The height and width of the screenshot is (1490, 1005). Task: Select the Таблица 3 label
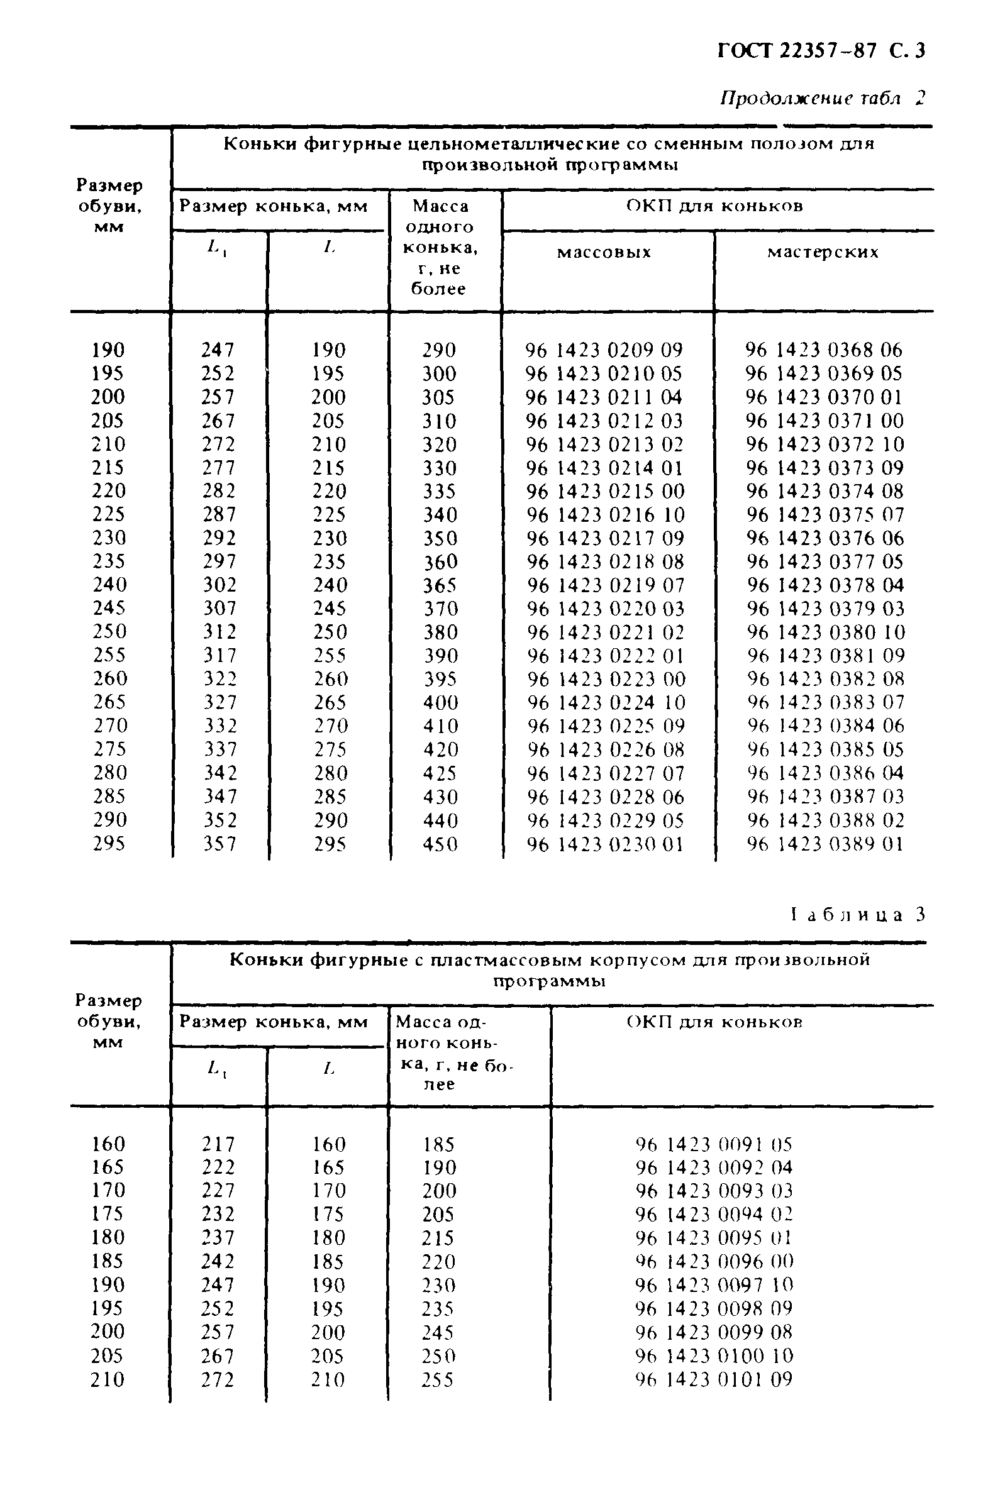tap(858, 914)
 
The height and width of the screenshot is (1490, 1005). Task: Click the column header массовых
tap(604, 252)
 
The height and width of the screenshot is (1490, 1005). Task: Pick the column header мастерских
tap(823, 252)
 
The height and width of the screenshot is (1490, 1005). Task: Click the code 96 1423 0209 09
tap(604, 350)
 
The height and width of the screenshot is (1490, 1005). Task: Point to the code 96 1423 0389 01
tap(825, 844)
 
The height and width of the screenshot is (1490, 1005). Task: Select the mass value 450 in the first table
tap(440, 844)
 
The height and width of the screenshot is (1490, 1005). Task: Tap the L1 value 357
tap(220, 844)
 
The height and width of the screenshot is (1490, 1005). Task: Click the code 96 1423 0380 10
tap(826, 632)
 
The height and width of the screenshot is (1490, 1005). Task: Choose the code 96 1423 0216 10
tap(606, 514)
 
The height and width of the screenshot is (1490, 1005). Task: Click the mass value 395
tap(440, 679)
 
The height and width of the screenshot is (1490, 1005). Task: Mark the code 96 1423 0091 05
tap(714, 1144)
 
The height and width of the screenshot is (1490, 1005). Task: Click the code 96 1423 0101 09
tap(714, 1379)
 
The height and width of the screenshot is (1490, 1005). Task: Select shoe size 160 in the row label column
tap(108, 1144)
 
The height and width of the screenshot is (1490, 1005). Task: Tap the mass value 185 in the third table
tap(438, 1144)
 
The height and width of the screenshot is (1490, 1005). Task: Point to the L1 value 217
tap(219, 1144)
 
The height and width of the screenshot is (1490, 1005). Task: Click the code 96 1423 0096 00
tap(714, 1261)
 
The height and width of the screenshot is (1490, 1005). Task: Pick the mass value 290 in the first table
tap(439, 350)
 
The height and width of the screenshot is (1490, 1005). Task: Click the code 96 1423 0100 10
tap(714, 1355)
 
